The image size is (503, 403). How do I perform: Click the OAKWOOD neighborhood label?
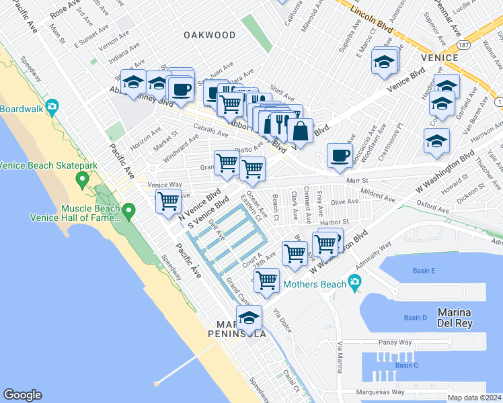coord(210,35)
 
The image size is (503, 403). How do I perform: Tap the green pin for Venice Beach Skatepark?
coord(83,179)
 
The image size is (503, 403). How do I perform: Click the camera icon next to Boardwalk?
coord(52,106)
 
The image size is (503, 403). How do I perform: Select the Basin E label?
coord(424,271)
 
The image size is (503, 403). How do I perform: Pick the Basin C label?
coord(406,365)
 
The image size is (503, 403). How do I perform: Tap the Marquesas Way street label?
coord(381,392)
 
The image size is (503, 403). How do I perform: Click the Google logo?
coord(22,395)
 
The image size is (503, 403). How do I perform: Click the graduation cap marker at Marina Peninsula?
coord(249,317)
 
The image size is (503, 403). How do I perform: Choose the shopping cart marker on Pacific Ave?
coord(168,200)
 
